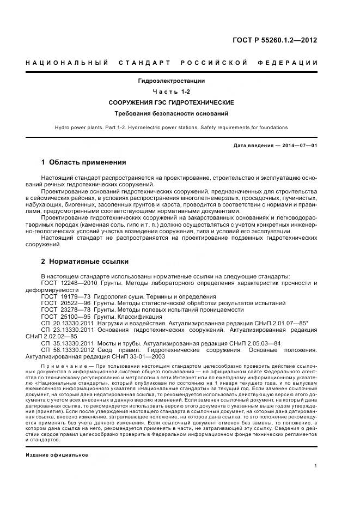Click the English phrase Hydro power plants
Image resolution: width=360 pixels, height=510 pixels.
pyautogui.click(x=80, y=127)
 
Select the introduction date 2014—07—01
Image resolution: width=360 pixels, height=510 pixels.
pyautogui.click(x=298, y=146)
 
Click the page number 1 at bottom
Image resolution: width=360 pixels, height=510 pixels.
pyautogui.click(x=316, y=466)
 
